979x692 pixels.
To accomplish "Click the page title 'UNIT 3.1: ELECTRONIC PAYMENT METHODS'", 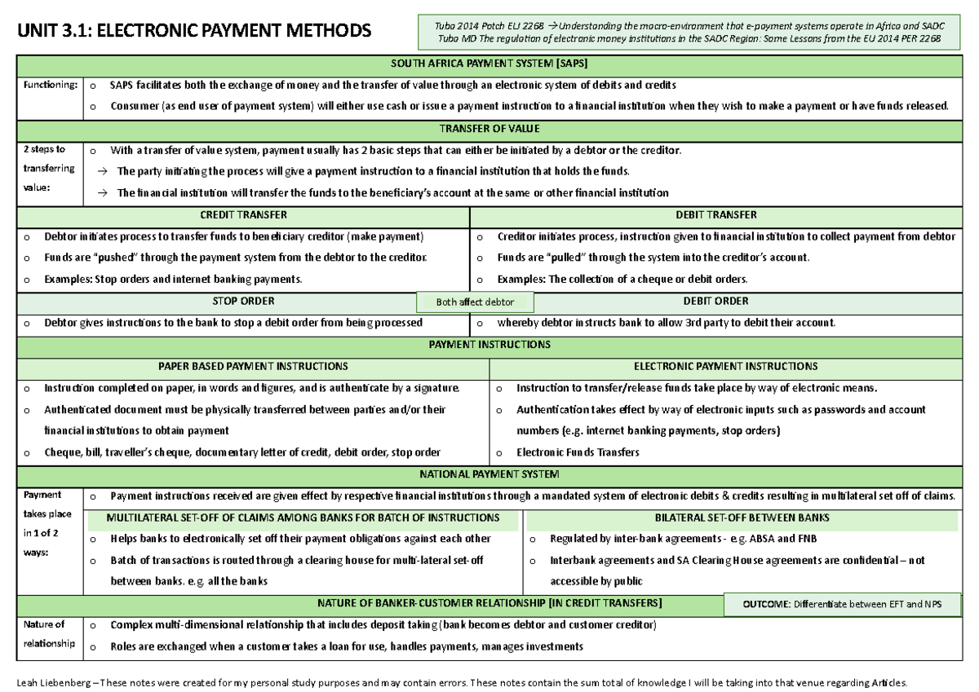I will pyautogui.click(x=193, y=32).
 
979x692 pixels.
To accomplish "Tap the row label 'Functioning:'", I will pyautogui.click(x=51, y=85).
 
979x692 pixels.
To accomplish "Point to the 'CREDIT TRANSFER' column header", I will pyautogui.click(x=243, y=215).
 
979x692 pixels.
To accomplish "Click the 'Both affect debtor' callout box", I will pyautogui.click(x=475, y=302).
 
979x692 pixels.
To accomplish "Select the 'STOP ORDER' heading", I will pyautogui.click(x=243, y=301).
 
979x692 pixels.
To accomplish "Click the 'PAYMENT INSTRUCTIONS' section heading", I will pyautogui.click(x=489, y=344).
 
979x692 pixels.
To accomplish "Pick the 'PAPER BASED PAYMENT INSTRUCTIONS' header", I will pyautogui.click(x=253, y=366).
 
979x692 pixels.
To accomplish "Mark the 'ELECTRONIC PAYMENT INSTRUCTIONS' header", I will pyautogui.click(x=725, y=366).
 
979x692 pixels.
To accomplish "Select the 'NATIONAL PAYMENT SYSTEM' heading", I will pyautogui.click(x=489, y=474).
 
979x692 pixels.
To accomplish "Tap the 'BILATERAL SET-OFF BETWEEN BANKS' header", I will pyautogui.click(x=742, y=518).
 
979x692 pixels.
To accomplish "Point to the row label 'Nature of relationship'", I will pyautogui.click(x=49, y=634).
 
